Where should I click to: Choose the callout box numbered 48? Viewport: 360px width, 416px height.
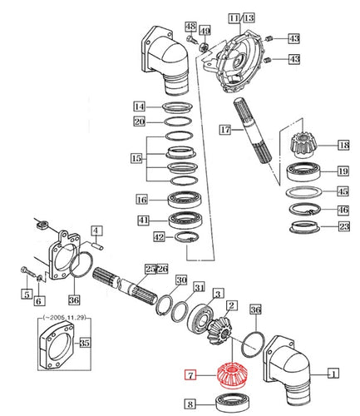(190, 27)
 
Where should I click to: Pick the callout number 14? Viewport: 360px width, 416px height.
(141, 106)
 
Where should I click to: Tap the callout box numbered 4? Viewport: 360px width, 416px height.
(96, 230)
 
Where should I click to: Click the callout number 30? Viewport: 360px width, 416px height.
(181, 280)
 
